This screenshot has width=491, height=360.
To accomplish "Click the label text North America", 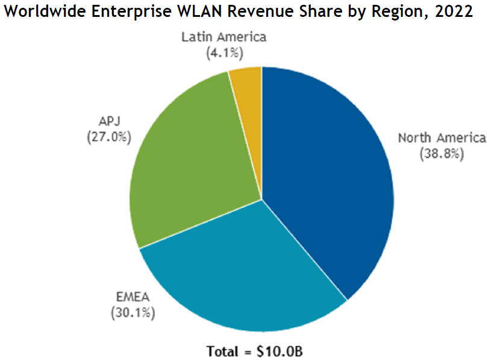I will (x=442, y=138).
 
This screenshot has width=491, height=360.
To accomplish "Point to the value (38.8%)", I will (x=442, y=154).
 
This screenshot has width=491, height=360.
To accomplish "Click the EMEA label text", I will (x=132, y=297).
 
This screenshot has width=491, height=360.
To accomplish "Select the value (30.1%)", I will (x=132, y=313).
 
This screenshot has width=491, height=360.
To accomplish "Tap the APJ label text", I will (x=108, y=121).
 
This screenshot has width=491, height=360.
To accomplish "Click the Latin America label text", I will (x=224, y=37).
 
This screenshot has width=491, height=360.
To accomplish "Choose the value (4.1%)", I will (x=224, y=53).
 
